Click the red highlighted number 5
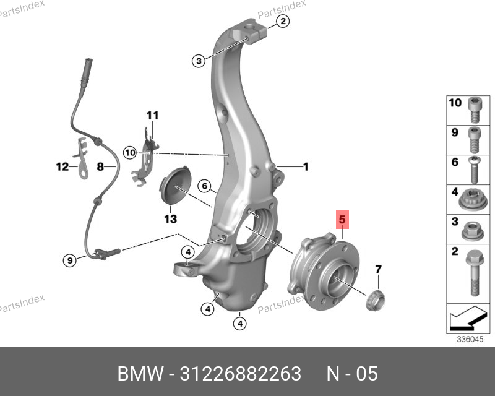pyautogui.click(x=342, y=220)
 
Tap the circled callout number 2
pyautogui.click(x=283, y=21)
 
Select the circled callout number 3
pyautogui.click(x=199, y=61)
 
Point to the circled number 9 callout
pyautogui.click(x=70, y=260)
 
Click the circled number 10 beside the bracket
pyautogui.click(x=130, y=153)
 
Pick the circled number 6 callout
pyautogui.click(x=204, y=186)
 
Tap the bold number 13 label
pyautogui.click(x=171, y=218)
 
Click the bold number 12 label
pyautogui.click(x=62, y=166)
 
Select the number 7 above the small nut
pyautogui.click(x=378, y=269)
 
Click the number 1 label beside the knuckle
pyautogui.click(x=306, y=166)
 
